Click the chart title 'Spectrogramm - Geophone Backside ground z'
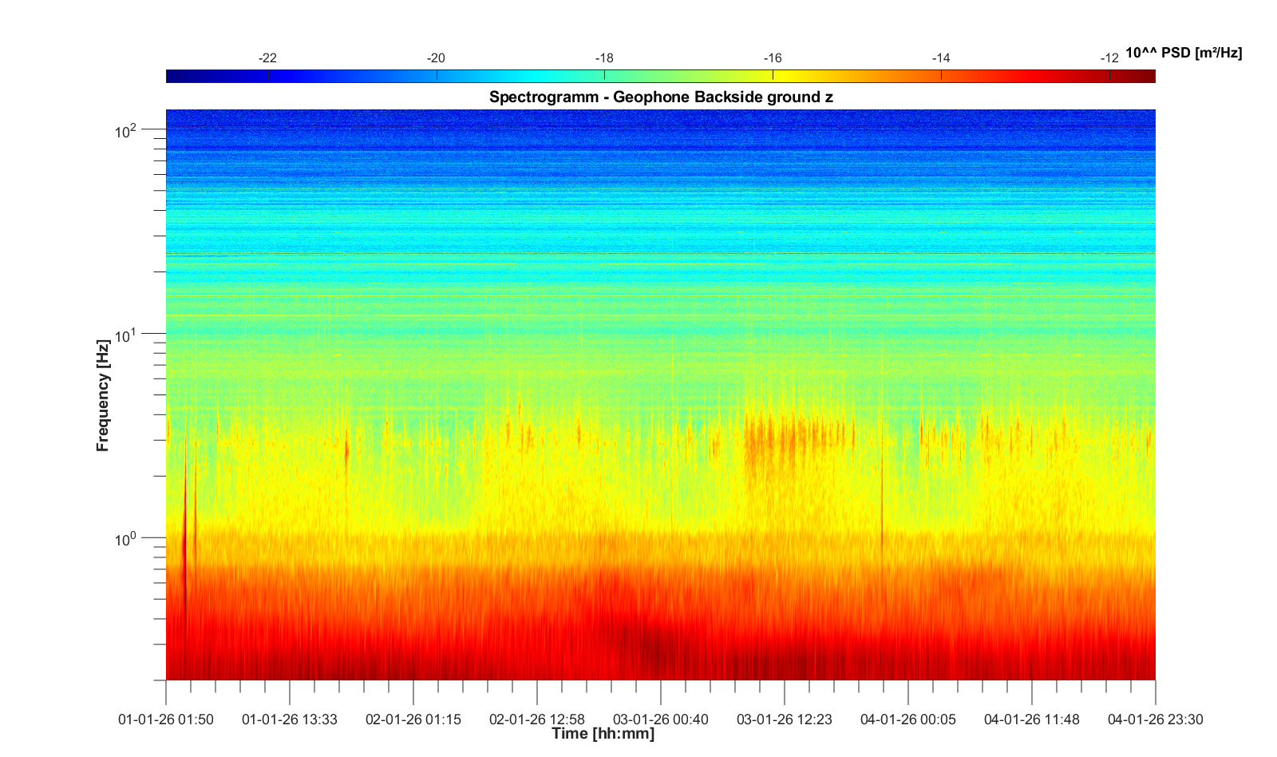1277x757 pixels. (x=661, y=97)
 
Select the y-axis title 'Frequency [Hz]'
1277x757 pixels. (x=103, y=395)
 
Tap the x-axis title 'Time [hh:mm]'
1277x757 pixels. (x=603, y=734)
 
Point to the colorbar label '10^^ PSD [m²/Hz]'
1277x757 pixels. (x=1184, y=53)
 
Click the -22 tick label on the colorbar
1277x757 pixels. (x=268, y=58)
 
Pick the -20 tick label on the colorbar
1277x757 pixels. (x=436, y=58)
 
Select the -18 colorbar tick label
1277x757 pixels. (x=604, y=58)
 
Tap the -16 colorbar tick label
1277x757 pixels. (x=773, y=58)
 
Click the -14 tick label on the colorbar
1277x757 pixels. (x=941, y=58)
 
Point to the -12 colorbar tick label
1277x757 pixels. (x=1109, y=58)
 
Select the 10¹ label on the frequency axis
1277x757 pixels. (x=126, y=335)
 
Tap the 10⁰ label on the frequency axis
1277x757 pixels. (x=126, y=539)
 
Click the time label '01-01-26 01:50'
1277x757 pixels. (x=166, y=719)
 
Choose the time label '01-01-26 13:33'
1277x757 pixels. (x=290, y=719)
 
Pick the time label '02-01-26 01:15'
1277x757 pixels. (x=413, y=719)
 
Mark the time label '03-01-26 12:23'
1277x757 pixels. (x=785, y=719)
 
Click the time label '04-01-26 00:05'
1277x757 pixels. (x=908, y=719)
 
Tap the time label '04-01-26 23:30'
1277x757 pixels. (x=1155, y=719)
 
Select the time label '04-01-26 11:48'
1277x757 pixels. (x=1032, y=719)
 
